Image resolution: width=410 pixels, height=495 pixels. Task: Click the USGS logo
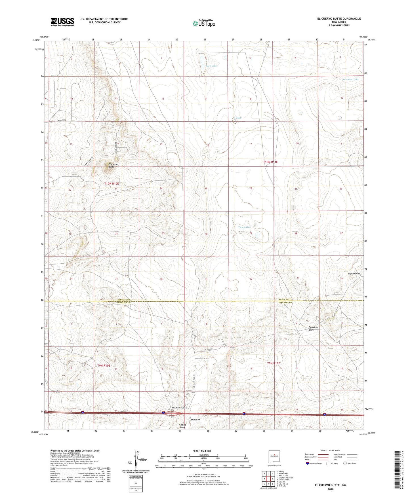(x=62, y=22)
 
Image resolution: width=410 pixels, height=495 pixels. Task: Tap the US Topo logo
(x=203, y=23)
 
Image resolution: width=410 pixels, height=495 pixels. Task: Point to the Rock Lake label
(x=211, y=66)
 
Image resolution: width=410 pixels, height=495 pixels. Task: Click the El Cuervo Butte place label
(x=111, y=166)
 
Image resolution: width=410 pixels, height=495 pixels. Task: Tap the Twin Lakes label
(x=244, y=227)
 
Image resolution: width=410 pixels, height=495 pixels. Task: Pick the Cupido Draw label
(x=354, y=274)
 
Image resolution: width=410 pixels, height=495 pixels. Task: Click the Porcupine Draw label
(x=314, y=328)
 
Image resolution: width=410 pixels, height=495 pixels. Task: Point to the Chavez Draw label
(x=182, y=426)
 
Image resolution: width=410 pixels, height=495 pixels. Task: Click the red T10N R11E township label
(x=270, y=162)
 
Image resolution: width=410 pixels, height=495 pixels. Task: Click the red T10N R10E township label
(x=111, y=184)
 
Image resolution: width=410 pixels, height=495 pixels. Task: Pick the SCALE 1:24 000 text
(x=201, y=451)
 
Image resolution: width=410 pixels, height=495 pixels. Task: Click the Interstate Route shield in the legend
(x=308, y=463)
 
